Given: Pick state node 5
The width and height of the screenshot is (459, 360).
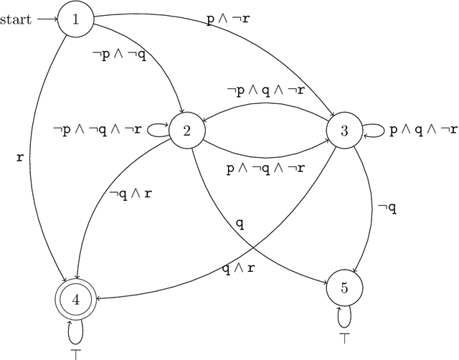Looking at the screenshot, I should [344, 288].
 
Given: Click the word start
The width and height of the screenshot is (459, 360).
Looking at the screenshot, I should [16, 19].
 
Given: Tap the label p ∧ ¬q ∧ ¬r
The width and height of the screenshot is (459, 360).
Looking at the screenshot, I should [265, 169].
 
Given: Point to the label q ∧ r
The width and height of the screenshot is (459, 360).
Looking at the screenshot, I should [238, 270].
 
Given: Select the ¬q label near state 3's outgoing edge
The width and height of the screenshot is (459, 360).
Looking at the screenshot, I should [387, 208].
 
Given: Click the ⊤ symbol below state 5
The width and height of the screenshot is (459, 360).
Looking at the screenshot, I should [344, 336].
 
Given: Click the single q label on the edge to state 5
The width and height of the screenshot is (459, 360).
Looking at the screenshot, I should [240, 224].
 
